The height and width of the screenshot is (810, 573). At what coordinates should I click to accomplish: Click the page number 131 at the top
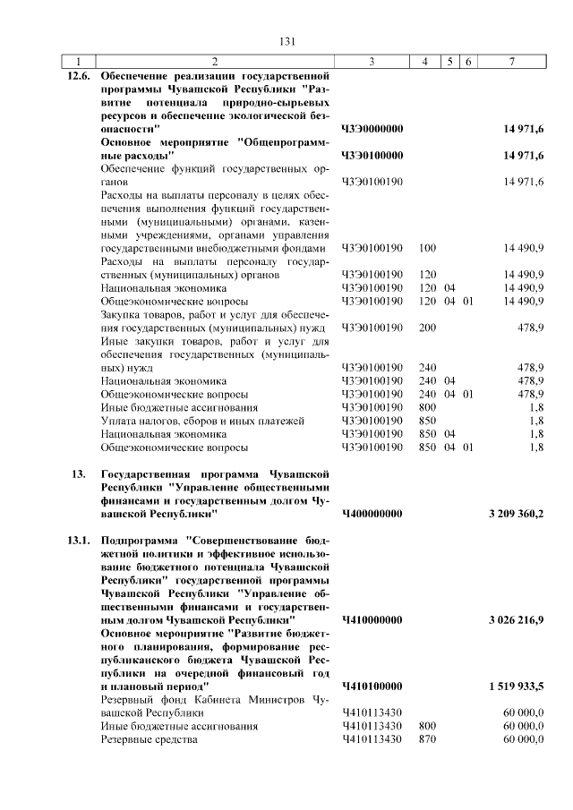click(286, 41)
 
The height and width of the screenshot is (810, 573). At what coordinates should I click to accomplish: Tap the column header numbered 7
click(511, 61)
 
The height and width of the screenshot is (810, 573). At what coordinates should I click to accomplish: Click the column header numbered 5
click(450, 61)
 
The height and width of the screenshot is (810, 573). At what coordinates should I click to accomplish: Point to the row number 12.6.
click(81, 77)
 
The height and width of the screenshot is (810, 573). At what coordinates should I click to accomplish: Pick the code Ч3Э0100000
click(372, 156)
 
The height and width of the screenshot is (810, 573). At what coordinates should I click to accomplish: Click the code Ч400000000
click(372, 514)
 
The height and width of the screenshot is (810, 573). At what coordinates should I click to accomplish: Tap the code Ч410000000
click(372, 619)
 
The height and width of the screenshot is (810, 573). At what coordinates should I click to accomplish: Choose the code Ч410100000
click(372, 686)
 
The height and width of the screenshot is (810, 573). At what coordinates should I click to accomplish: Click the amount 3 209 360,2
click(517, 514)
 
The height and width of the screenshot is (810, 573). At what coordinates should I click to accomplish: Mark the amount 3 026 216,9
click(517, 619)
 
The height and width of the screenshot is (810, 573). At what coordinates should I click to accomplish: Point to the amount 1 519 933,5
click(517, 686)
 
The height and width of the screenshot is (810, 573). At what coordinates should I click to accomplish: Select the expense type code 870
click(427, 739)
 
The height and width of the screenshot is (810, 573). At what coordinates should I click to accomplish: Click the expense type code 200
click(427, 328)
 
